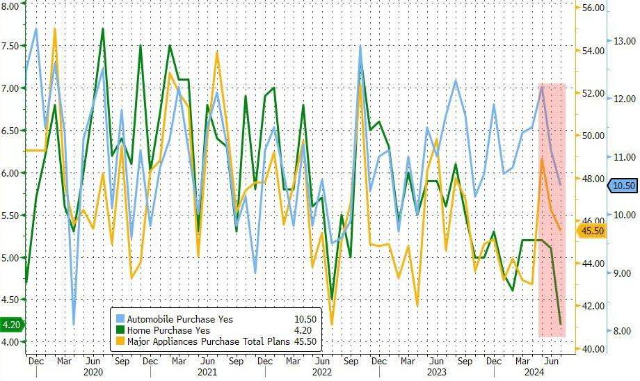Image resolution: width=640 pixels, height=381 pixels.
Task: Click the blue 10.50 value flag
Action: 621,185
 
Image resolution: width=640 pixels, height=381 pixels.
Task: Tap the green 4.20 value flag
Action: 13,324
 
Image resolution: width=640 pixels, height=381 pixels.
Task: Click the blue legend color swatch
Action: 120,319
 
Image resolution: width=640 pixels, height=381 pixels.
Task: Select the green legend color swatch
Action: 120,330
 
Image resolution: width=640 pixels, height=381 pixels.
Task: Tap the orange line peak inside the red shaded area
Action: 542,159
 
